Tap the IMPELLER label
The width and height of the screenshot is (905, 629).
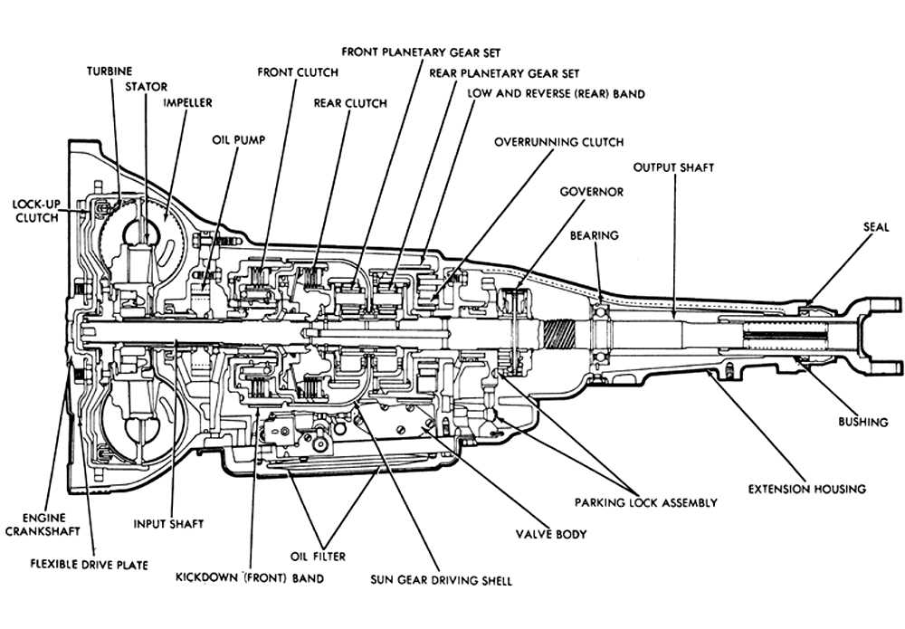click(187, 103)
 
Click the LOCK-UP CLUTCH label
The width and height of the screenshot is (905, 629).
click(36, 212)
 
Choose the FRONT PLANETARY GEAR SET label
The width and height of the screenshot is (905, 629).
click(421, 52)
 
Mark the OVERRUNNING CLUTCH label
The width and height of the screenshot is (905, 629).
click(558, 142)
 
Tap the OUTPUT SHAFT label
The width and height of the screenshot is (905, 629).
click(673, 167)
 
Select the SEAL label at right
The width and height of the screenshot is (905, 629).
click(877, 227)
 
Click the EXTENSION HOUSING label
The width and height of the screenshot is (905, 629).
click(805, 489)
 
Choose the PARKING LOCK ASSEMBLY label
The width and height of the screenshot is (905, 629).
click(645, 502)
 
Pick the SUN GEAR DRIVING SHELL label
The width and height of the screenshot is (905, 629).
click(441, 579)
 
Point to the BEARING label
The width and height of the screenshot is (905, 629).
click(594, 235)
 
